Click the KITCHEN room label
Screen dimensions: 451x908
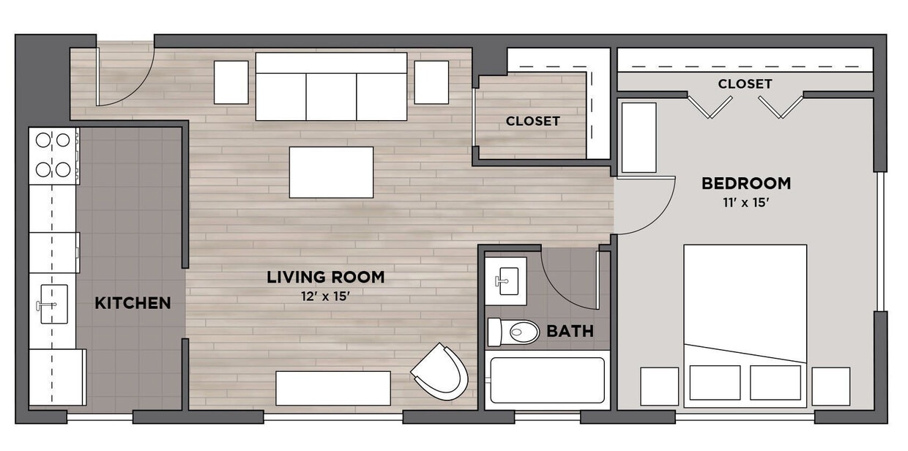[133, 303]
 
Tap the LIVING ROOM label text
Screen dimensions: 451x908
[325, 277]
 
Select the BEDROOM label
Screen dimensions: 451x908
[745, 183]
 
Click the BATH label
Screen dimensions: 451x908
[570, 332]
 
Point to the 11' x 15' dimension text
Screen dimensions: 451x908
[745, 203]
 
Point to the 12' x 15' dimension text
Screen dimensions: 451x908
[325, 296]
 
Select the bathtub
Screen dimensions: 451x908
[547, 380]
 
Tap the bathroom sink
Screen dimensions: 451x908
[506, 280]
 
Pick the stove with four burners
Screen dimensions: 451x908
[53, 155]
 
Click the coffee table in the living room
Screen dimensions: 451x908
[331, 172]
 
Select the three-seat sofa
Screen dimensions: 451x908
[331, 87]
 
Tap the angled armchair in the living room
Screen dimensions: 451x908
[442, 373]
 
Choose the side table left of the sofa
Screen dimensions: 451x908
[231, 82]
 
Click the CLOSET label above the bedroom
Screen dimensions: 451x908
[745, 84]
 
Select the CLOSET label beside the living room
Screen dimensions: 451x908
[532, 122]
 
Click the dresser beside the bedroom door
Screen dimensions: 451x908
[639, 138]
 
